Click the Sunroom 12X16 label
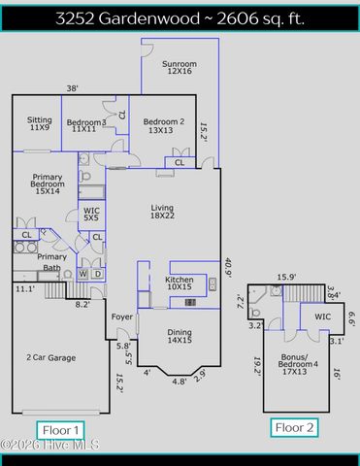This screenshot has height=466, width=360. [180, 67]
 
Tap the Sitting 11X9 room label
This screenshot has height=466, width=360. [39, 123]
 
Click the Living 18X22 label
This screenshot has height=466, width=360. [162, 212]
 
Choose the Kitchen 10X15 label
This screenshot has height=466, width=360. [180, 283]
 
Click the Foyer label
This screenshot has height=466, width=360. [121, 316]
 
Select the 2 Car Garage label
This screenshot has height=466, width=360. [50, 357]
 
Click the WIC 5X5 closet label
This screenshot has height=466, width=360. [91, 214]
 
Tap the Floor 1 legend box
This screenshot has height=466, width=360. [62, 429]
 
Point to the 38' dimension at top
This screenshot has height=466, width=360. [72, 88]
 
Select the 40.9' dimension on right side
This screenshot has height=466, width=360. [227, 267]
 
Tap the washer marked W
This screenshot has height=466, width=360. [82, 274]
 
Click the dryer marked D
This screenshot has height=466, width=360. [97, 274]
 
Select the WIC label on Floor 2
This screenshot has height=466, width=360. [321, 317]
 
